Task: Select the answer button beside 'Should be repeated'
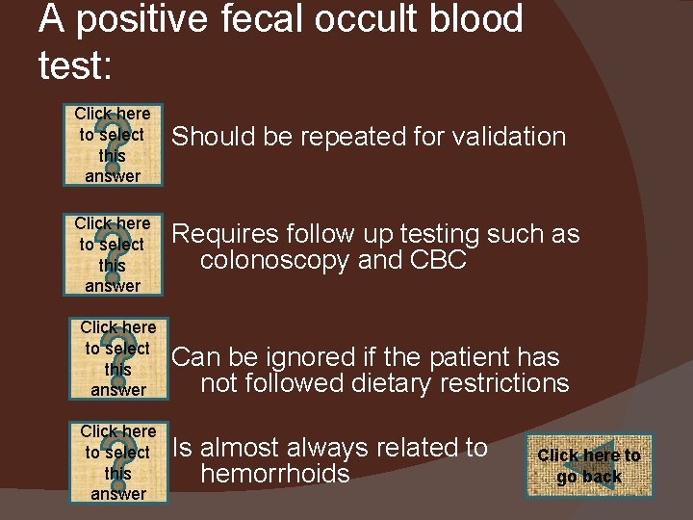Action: (x=113, y=144)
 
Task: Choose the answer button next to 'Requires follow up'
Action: (x=113, y=254)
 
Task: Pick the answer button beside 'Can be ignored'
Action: (x=118, y=358)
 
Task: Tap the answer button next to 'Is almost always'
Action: (x=118, y=462)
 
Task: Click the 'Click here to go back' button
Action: (x=588, y=466)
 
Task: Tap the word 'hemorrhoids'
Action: (x=274, y=474)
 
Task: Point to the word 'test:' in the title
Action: (x=75, y=65)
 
